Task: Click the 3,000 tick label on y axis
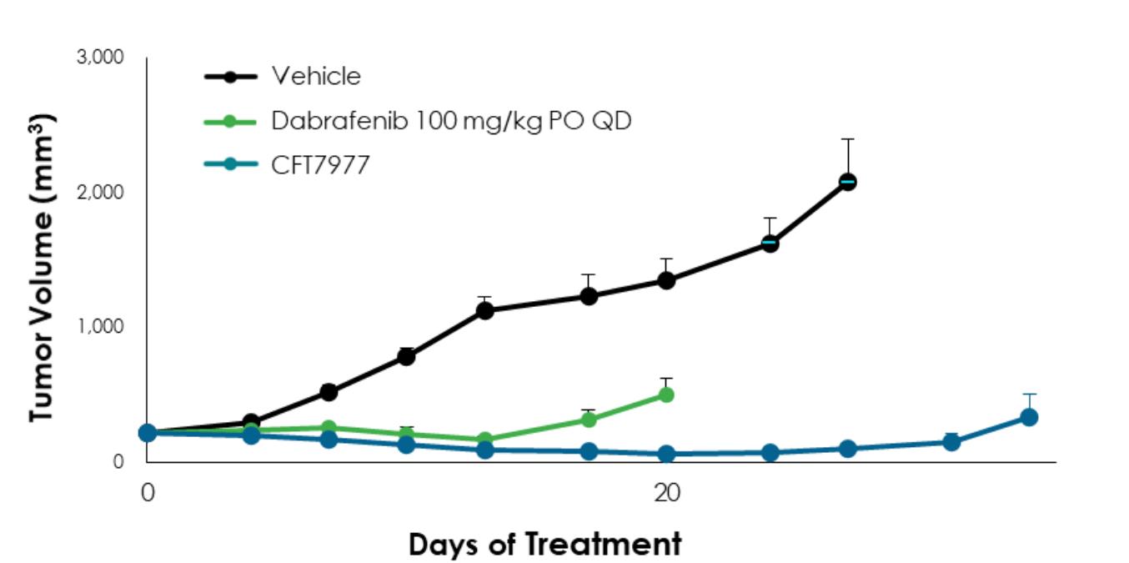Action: [101, 58]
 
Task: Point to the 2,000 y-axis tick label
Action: [101, 192]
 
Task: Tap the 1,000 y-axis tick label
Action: [101, 326]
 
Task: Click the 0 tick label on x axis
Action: [148, 493]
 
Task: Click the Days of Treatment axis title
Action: [544, 545]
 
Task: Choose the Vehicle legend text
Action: [316, 77]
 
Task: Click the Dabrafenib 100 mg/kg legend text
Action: [451, 121]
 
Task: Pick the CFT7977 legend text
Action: [320, 165]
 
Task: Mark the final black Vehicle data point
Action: [847, 182]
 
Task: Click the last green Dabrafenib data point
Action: [665, 395]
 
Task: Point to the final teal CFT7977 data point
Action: [1029, 417]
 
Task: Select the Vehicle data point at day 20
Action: [665, 281]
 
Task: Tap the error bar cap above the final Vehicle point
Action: [847, 139]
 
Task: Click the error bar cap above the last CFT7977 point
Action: [1029, 394]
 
